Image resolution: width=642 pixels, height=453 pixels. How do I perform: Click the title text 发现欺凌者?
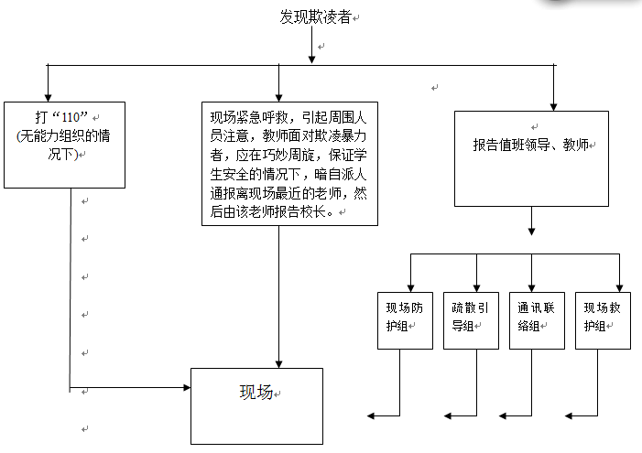[315, 16]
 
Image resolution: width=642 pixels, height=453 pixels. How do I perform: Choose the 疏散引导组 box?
[471, 319]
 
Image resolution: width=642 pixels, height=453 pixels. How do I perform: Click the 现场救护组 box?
[603, 319]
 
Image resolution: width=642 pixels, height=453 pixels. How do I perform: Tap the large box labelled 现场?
[256, 405]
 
